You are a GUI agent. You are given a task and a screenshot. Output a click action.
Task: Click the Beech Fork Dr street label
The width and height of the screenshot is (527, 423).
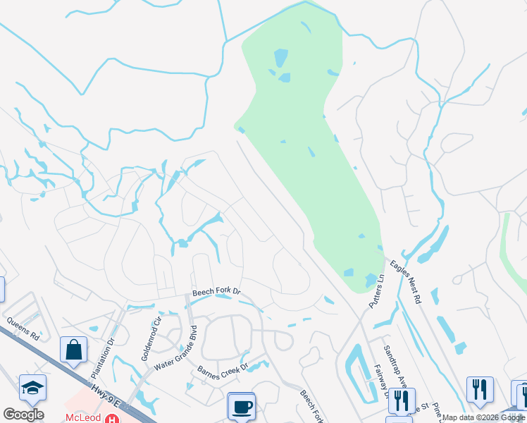(216, 291)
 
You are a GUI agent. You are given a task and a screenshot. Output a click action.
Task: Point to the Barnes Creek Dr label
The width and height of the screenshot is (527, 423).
(222, 372)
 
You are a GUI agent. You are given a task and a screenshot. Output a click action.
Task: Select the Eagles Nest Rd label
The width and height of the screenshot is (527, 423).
(407, 278)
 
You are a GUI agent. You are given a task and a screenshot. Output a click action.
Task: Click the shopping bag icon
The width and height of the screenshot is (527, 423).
(73, 350)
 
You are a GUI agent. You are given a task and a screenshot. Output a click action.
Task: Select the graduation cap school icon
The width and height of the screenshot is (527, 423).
(32, 388)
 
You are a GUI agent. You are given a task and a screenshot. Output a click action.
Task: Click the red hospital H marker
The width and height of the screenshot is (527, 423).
(111, 418)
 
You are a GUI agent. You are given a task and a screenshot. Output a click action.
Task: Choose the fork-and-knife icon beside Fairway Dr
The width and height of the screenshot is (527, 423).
(402, 400)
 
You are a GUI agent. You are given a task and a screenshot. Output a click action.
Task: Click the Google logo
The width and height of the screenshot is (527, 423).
(23, 415)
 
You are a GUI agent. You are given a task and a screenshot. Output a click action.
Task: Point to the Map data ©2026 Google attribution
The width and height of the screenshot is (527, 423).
(483, 417)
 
